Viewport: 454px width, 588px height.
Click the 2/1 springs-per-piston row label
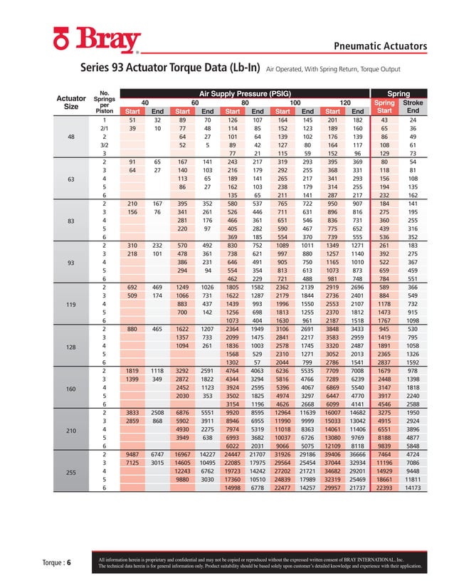pos(105,128)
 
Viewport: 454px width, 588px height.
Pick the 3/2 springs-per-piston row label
pos(105,145)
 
